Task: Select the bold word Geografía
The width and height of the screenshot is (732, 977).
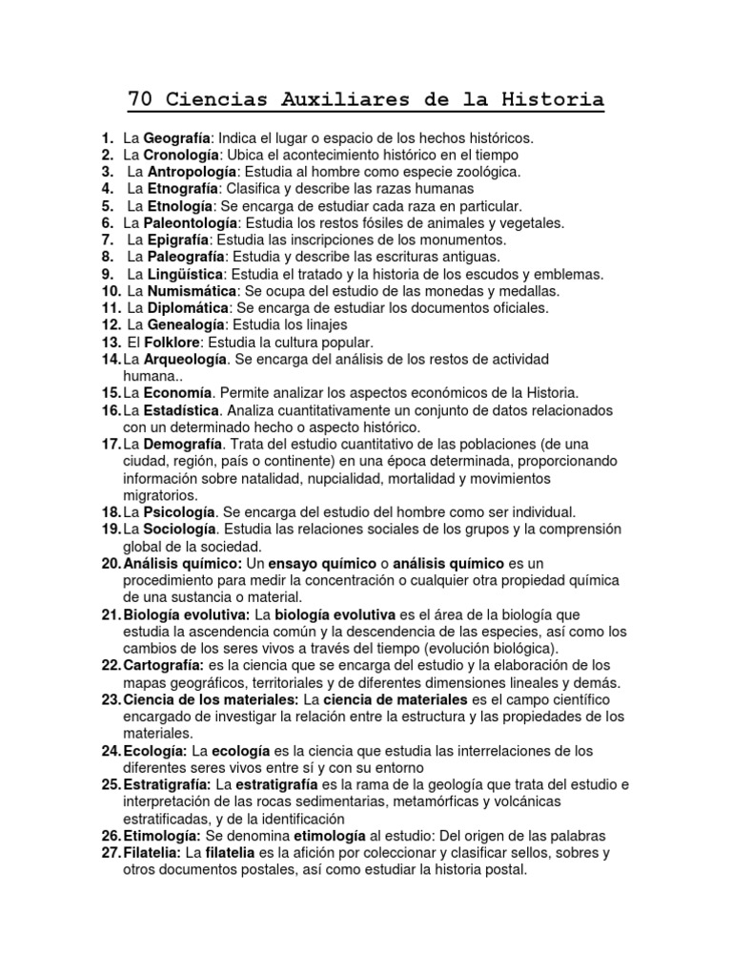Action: click(176, 138)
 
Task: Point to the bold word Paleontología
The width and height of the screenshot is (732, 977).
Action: click(190, 222)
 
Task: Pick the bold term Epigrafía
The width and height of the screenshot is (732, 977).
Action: click(177, 239)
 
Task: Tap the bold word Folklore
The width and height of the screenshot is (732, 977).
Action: click(172, 342)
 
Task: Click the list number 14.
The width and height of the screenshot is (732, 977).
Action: click(110, 359)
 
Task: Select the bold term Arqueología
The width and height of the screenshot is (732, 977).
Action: click(186, 359)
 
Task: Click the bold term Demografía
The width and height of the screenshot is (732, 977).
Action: click(183, 445)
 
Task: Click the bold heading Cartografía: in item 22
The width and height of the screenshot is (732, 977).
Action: click(164, 665)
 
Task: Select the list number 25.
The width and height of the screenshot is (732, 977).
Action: click(110, 784)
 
